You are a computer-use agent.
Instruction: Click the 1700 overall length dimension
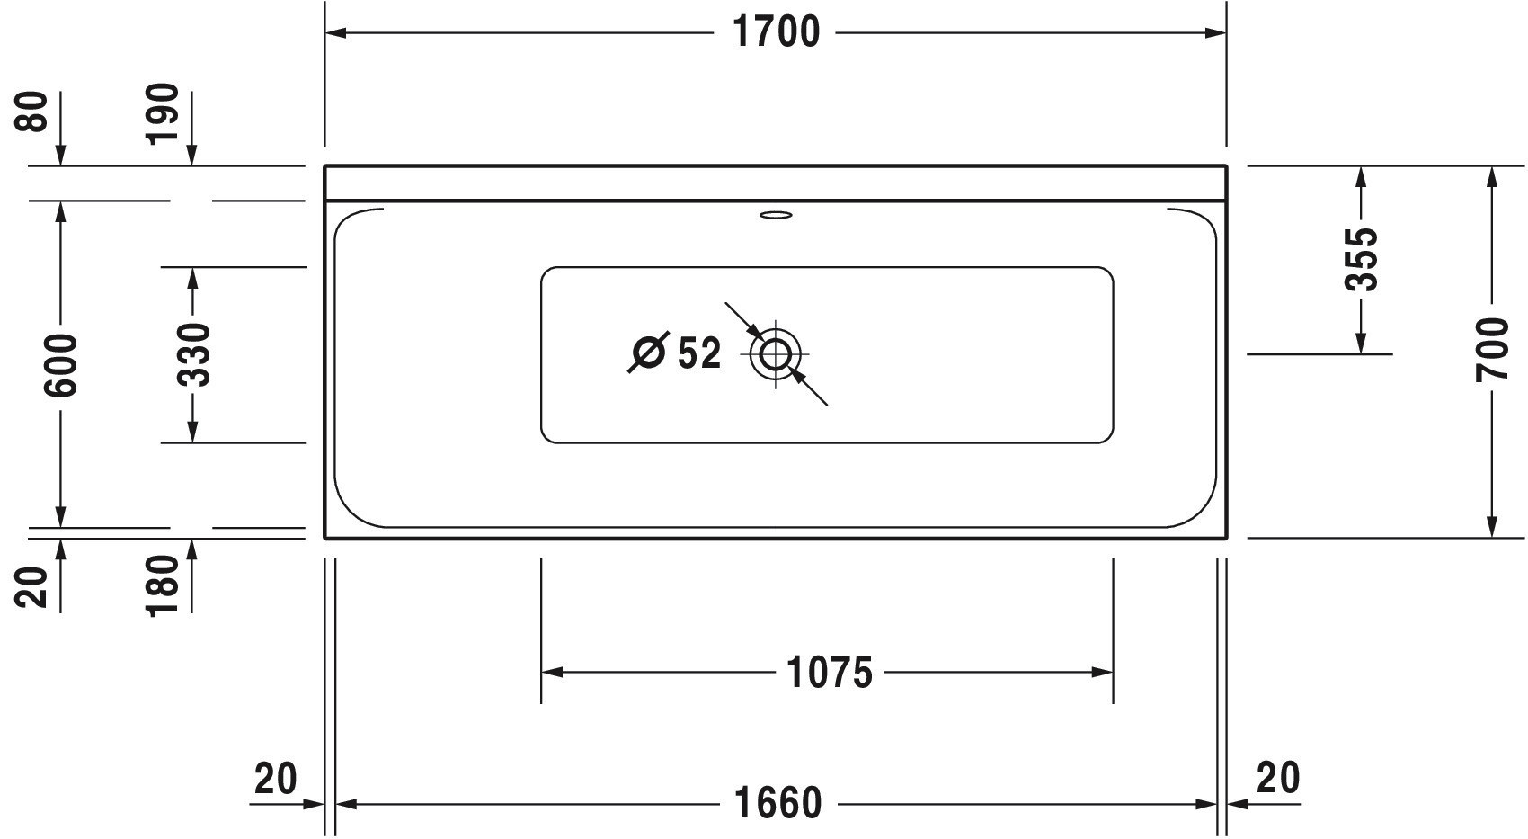[776, 32]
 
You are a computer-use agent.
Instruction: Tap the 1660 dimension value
[777, 804]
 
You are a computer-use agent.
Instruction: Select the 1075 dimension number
[830, 673]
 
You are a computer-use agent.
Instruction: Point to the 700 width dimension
[1492, 350]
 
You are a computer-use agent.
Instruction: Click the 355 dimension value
[1362, 259]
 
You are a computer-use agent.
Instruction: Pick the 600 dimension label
[61, 365]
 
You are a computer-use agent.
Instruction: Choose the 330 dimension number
[193, 355]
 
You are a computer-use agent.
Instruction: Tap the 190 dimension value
[163, 114]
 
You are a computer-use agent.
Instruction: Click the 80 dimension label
[31, 112]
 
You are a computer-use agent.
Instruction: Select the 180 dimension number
[163, 585]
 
